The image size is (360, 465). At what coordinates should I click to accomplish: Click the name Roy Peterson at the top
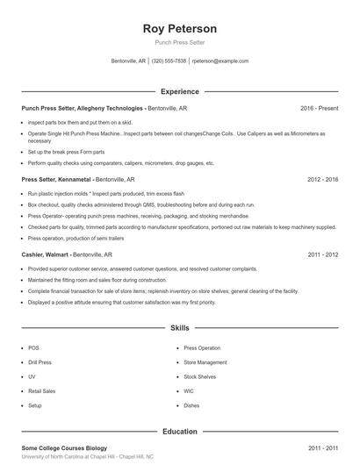pos(179,29)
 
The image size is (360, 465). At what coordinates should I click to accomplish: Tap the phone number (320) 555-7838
pos(169,61)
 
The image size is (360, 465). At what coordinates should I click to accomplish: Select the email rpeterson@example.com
pos(220,61)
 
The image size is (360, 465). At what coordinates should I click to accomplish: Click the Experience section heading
pos(179,91)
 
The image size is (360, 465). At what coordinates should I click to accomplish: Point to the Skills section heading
pos(179,328)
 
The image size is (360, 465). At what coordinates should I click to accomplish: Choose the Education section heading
pos(179,432)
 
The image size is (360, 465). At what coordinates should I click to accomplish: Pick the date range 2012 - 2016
pos(322,179)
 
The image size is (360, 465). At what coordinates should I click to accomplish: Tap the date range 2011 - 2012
pos(322,254)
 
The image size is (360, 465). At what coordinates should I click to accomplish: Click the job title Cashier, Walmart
pos(44,254)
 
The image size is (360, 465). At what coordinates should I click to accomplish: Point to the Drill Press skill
pos(40,361)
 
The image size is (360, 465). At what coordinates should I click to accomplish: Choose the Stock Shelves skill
pos(199,376)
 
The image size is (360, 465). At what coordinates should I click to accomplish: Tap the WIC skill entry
pos(189,391)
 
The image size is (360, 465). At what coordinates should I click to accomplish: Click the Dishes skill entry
pos(191,406)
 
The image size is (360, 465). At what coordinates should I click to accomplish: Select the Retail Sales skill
pos(41,391)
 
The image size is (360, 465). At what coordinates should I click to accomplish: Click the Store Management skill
pos(205,361)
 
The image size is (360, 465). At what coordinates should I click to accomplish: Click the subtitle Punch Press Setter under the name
pos(179,42)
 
